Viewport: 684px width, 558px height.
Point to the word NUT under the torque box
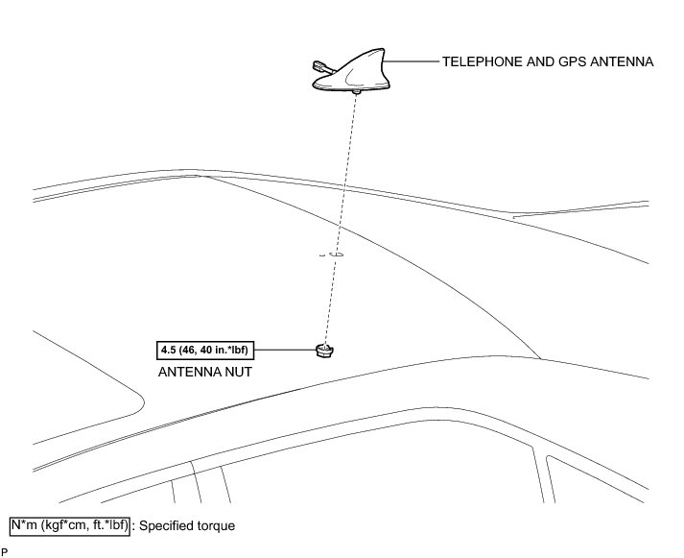click(237, 371)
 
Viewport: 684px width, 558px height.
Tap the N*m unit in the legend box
click(24, 526)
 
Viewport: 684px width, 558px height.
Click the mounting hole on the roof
click(335, 255)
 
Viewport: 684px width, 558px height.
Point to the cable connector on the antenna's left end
click(318, 66)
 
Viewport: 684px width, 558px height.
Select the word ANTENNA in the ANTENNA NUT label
click(189, 371)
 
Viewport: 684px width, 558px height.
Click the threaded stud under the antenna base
click(357, 93)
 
